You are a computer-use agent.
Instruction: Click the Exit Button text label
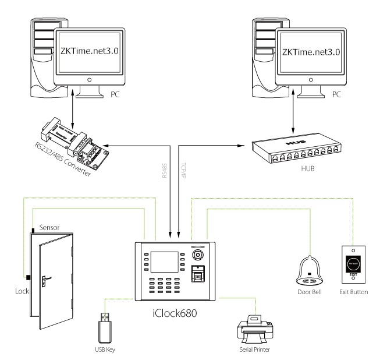pyautogui.click(x=354, y=291)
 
